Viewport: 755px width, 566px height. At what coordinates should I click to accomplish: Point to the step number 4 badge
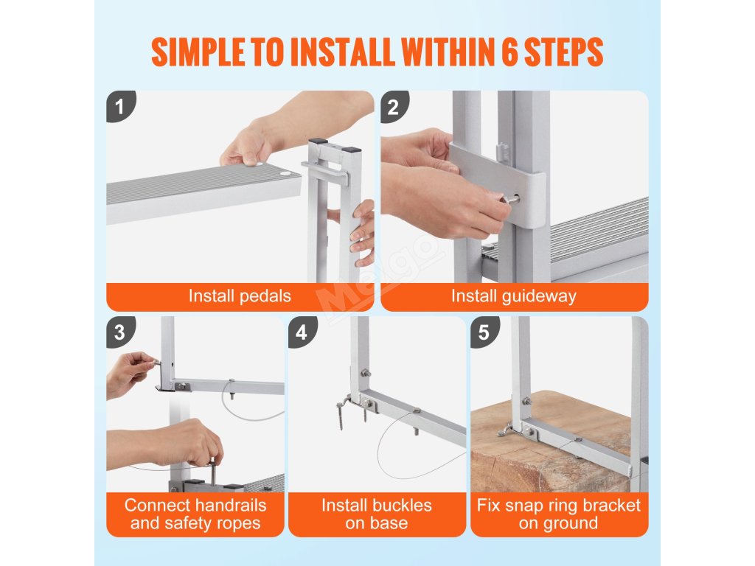click(x=302, y=332)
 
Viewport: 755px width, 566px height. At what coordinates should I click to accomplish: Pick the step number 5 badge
click(x=484, y=332)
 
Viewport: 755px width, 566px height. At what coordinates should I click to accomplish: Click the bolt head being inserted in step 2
click(x=512, y=199)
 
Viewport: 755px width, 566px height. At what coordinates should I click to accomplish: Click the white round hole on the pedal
click(x=285, y=172)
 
